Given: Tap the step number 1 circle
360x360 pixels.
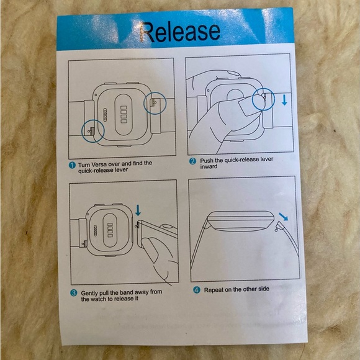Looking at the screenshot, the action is [72, 165].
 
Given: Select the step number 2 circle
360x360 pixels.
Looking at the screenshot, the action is [192, 161].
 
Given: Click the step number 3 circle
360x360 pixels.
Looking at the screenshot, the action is [73, 293].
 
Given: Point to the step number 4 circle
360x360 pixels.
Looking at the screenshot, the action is [197, 290].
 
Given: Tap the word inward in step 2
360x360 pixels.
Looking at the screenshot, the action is [209, 166].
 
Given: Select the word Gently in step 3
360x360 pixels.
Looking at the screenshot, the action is [90, 294].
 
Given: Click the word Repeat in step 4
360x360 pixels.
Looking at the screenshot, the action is [214, 290].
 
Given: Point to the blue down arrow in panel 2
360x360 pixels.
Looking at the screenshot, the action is [284, 100].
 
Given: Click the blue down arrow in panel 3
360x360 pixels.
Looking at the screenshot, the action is [138, 210].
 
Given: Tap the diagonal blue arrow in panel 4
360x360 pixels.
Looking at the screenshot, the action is [283, 217].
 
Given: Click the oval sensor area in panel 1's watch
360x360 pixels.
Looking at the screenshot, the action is [124, 114].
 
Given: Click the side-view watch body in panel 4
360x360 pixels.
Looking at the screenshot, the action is [241, 221].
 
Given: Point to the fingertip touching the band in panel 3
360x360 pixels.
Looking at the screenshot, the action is [147, 243].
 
